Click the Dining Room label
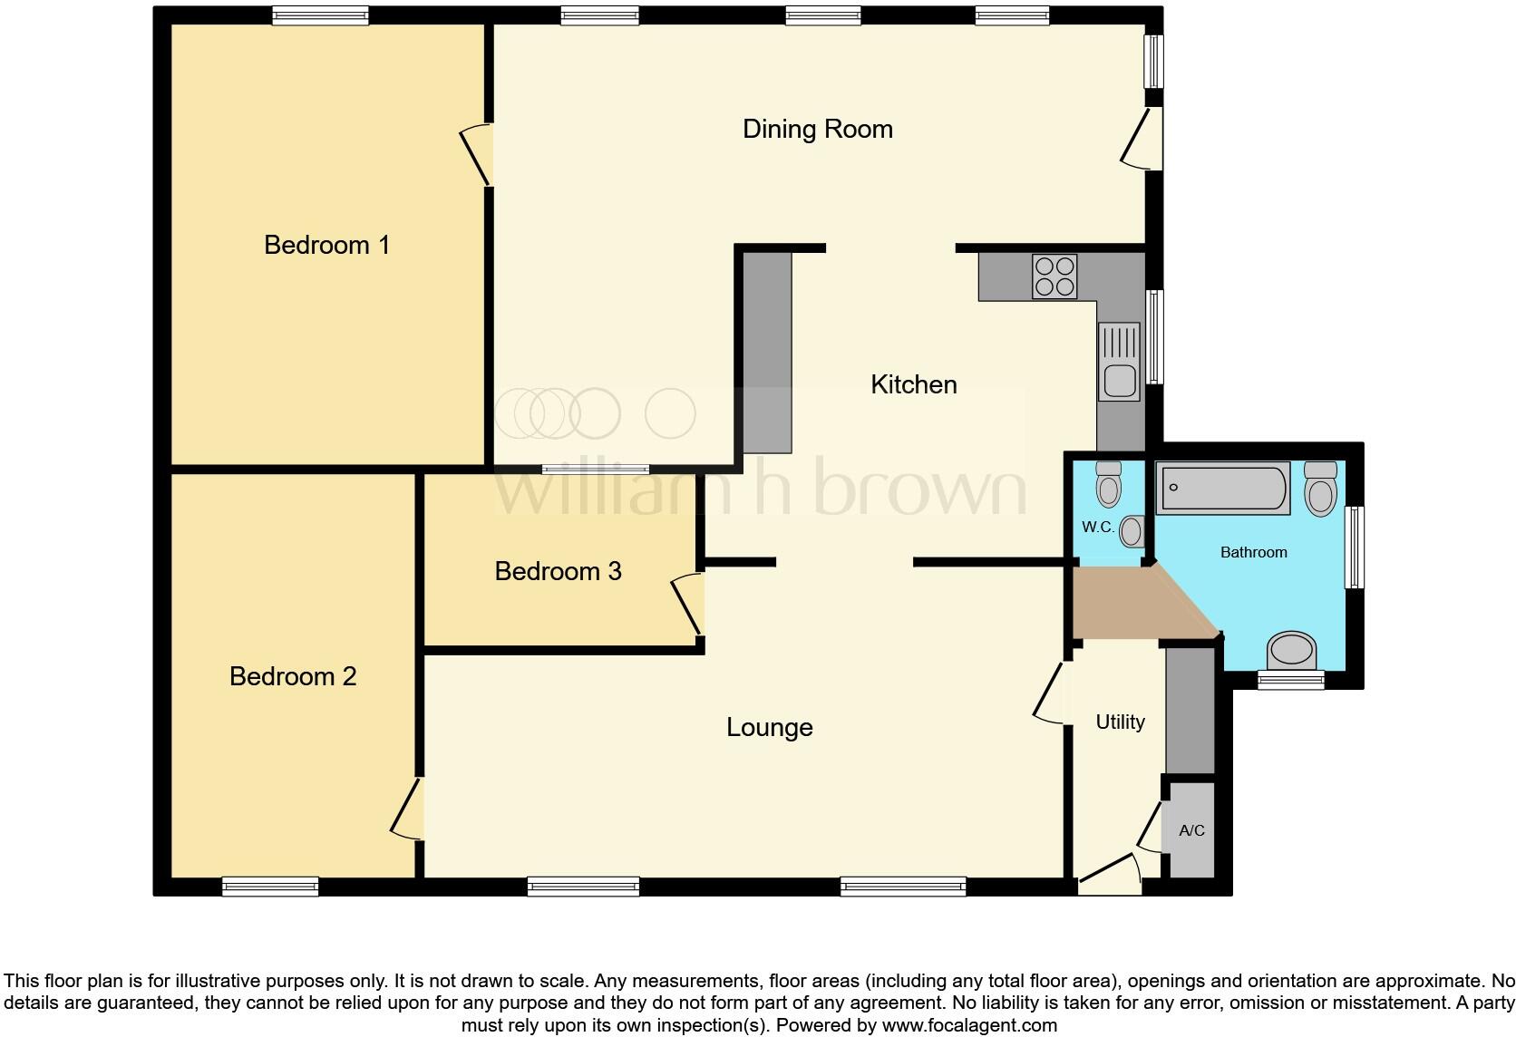pos(817,129)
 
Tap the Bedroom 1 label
pos(326,245)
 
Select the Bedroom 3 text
pos(558,571)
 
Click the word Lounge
pos(769,727)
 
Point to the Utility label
pos(1120,722)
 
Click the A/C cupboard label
pos(1191,830)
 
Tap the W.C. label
pos(1097,527)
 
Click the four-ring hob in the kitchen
pos(1054,276)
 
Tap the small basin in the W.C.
pos(1131,531)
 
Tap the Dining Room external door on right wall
pos(1142,138)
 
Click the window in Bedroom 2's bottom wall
pos(270,887)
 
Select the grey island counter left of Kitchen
pos(767,352)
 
